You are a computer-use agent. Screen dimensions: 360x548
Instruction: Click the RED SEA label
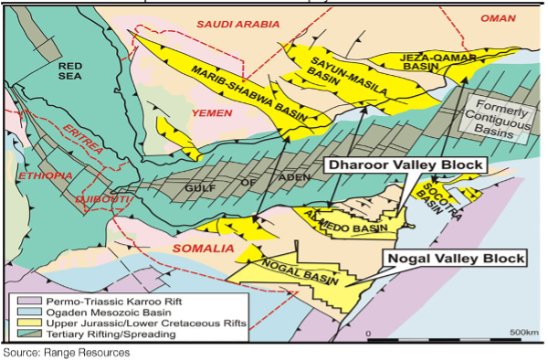(70, 72)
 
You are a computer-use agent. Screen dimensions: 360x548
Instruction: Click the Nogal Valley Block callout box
(454, 259)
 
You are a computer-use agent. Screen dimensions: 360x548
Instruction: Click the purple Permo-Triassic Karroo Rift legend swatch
(18, 300)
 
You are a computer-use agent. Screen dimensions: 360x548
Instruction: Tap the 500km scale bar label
(525, 333)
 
